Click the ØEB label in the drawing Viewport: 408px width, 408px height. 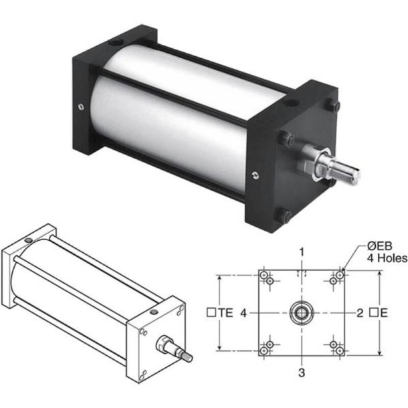tap(379, 246)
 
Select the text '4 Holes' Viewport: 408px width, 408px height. tap(387, 258)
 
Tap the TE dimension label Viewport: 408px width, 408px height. tap(225, 312)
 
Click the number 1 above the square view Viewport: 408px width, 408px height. tap(302, 252)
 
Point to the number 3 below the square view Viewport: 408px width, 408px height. tap(301, 373)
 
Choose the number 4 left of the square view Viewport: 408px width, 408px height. tap(243, 313)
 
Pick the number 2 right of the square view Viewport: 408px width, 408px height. tap(360, 313)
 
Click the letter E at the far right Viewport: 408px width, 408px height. tap(384, 313)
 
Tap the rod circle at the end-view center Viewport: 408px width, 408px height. tap(302, 313)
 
